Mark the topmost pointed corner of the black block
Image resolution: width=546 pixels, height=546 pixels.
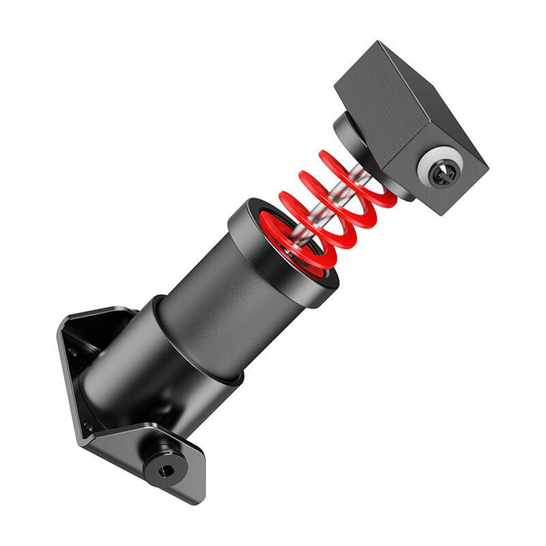379,42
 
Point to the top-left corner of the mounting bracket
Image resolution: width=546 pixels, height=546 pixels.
63,321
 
